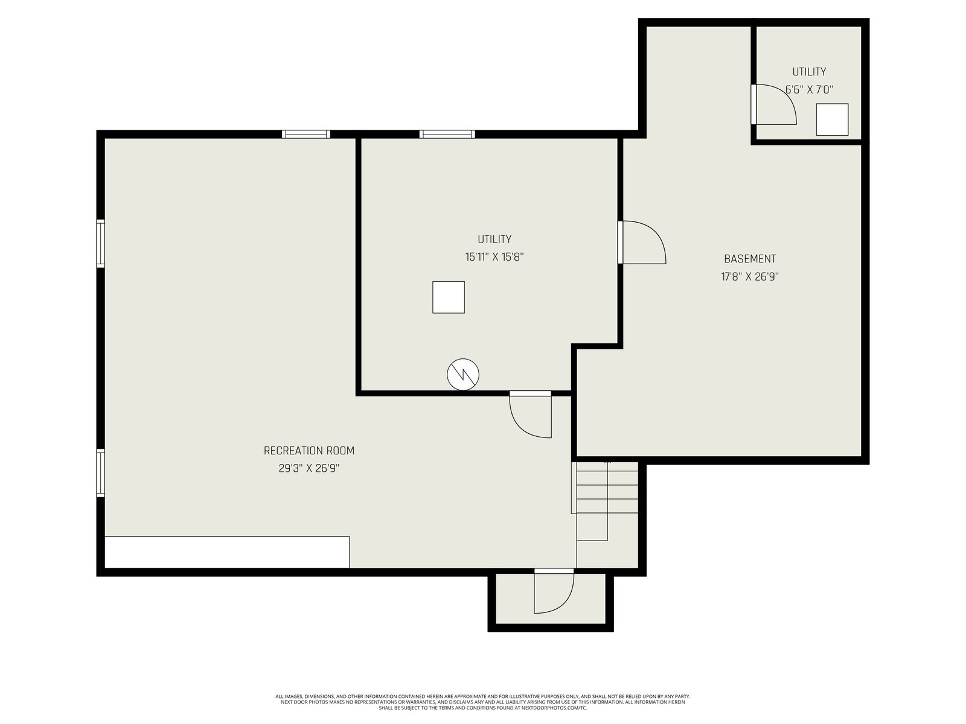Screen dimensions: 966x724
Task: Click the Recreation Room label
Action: [x=309, y=451]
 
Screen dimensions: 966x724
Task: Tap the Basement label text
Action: [x=750, y=259]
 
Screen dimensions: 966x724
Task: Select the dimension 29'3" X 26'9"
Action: [x=309, y=469]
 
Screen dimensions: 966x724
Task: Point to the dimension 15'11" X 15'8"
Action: [x=494, y=257]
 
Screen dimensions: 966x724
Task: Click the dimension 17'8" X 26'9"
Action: [x=750, y=277]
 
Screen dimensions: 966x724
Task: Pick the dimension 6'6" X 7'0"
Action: [x=809, y=90]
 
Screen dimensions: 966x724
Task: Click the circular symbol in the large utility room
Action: [x=463, y=375]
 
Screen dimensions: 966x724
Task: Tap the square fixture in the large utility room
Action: [x=449, y=297]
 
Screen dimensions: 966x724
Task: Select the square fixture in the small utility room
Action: [x=832, y=119]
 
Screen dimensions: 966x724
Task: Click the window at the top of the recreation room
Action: [x=306, y=134]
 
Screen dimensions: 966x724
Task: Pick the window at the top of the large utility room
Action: [x=447, y=134]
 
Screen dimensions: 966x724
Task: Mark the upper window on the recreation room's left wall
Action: [x=101, y=243]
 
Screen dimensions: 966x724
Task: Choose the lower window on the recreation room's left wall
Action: [x=101, y=473]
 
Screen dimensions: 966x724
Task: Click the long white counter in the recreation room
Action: [x=227, y=552]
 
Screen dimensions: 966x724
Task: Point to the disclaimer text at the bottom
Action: [x=483, y=702]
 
